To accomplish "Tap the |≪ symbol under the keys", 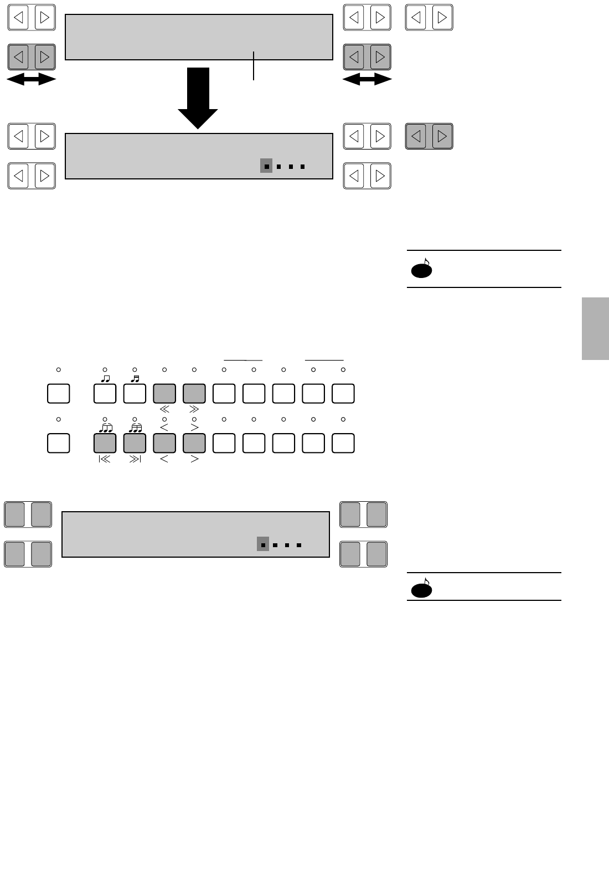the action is coord(105,459).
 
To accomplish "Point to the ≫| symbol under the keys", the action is coord(135,459).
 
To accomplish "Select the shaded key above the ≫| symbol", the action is coord(135,444).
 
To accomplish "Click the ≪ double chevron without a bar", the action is coord(164,409).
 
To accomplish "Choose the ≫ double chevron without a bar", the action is coord(194,409).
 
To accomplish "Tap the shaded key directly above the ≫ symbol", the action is coord(194,394).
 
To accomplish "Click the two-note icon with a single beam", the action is coord(105,379).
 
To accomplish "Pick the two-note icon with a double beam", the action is coord(135,379).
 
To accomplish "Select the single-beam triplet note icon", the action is coord(105,428).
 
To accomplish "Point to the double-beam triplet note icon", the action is coord(135,428).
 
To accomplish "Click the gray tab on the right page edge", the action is coord(595,328).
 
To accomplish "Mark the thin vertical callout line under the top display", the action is coord(254,66).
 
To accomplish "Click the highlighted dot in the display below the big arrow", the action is coord(266,166).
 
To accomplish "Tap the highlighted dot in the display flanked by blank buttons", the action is coord(263,545).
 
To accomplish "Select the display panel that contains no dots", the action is coord(199,37).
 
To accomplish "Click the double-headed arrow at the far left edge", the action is coord(32,81).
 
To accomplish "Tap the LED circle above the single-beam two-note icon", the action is coord(105,369).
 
